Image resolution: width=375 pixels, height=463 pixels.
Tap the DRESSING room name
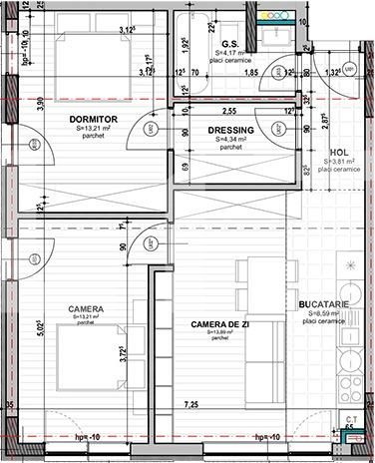click(x=230, y=130)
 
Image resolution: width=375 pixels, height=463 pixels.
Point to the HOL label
click(x=337, y=153)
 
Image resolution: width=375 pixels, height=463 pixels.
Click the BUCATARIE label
click(x=321, y=303)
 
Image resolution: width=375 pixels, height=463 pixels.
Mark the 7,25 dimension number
click(x=189, y=404)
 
